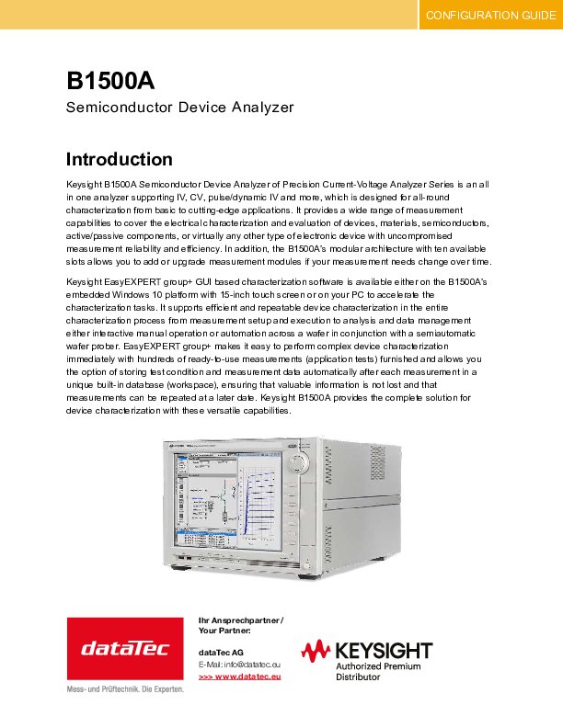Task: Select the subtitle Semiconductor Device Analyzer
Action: click(x=180, y=108)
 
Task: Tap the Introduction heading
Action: click(x=120, y=159)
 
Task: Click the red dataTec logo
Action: click(x=125, y=648)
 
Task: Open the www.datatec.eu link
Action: click(x=245, y=677)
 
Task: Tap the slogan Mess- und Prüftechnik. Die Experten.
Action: click(x=125, y=688)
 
